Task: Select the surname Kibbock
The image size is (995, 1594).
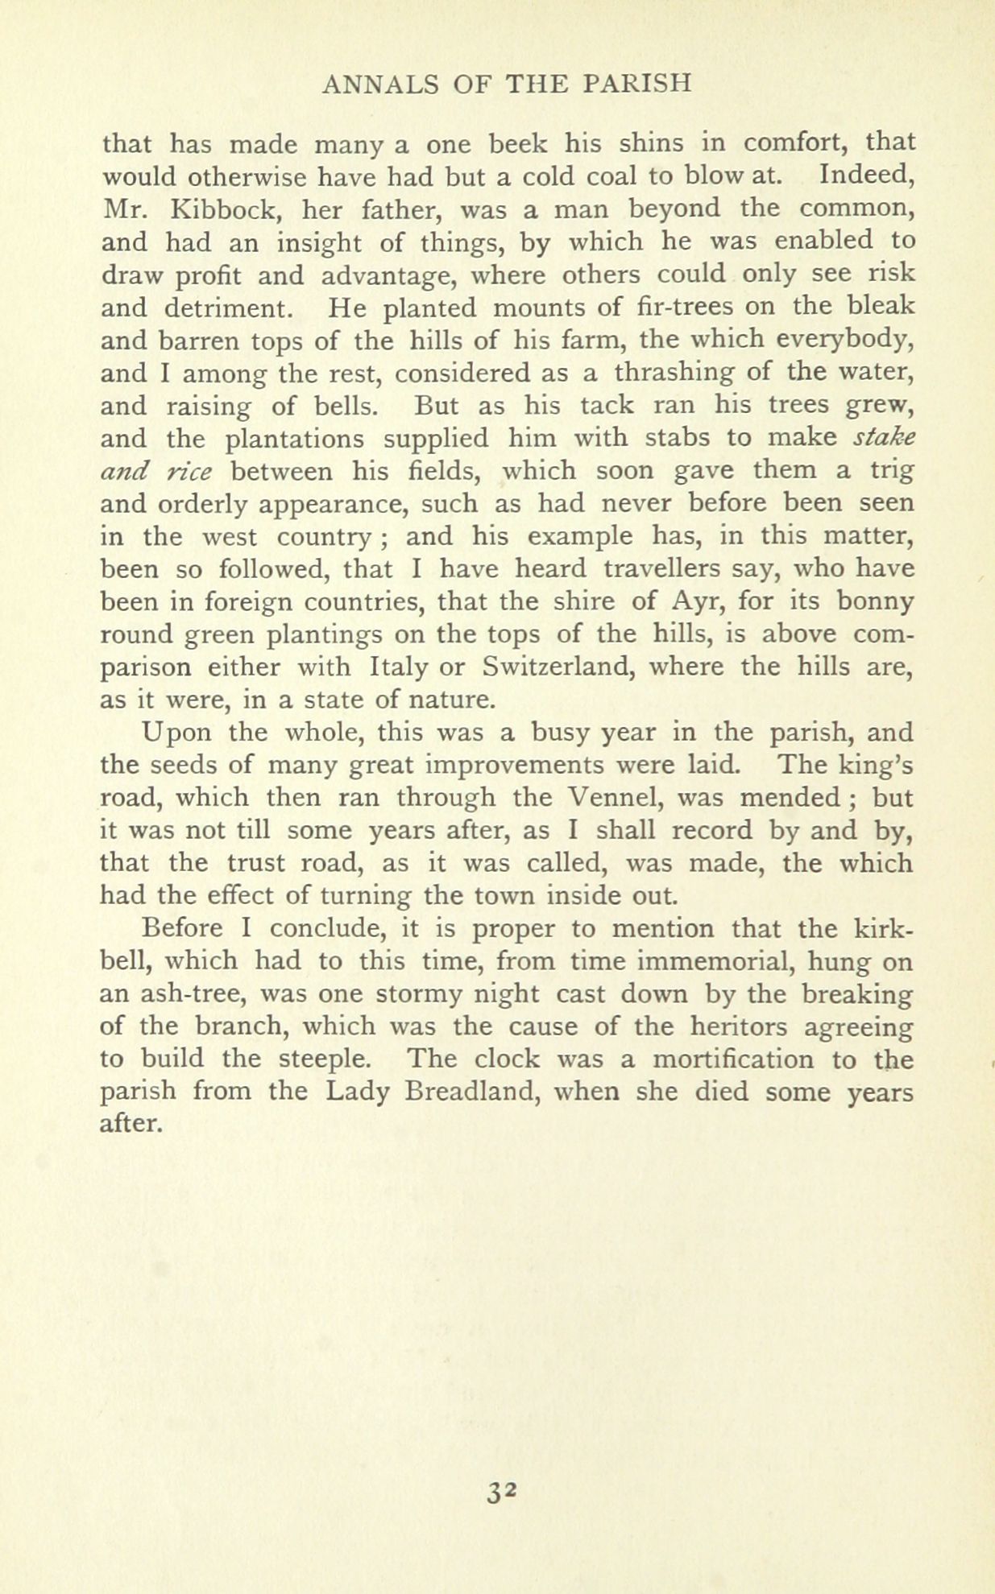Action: click(x=226, y=209)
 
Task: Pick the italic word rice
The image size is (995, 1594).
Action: click(x=189, y=471)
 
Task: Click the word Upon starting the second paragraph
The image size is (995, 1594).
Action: click(x=178, y=732)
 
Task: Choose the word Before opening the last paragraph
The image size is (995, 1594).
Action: click(x=182, y=928)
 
